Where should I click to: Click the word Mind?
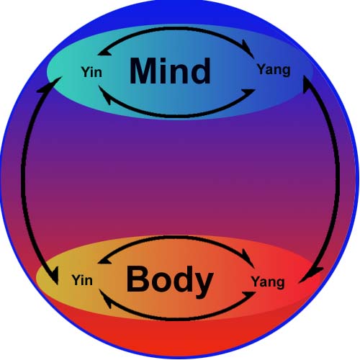tap(170, 71)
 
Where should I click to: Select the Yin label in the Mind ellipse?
tap(91, 72)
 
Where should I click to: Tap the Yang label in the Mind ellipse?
tap(274, 71)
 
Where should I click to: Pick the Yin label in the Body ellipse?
tap(82, 280)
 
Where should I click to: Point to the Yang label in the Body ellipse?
tap(268, 282)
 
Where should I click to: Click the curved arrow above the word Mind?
tap(176, 28)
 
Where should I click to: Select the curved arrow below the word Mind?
tap(176, 116)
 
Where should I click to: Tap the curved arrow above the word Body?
tap(176, 237)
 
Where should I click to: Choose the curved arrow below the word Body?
tap(176, 319)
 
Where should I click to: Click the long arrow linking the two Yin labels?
tap(23, 178)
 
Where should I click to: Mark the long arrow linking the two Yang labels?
tap(338, 178)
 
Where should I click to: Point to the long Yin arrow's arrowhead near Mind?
tap(52, 84)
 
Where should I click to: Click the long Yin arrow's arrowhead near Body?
tap(54, 275)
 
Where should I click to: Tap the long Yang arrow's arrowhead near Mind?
tap(307, 84)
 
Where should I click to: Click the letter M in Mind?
tap(143, 71)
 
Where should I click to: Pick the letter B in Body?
tap(137, 279)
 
